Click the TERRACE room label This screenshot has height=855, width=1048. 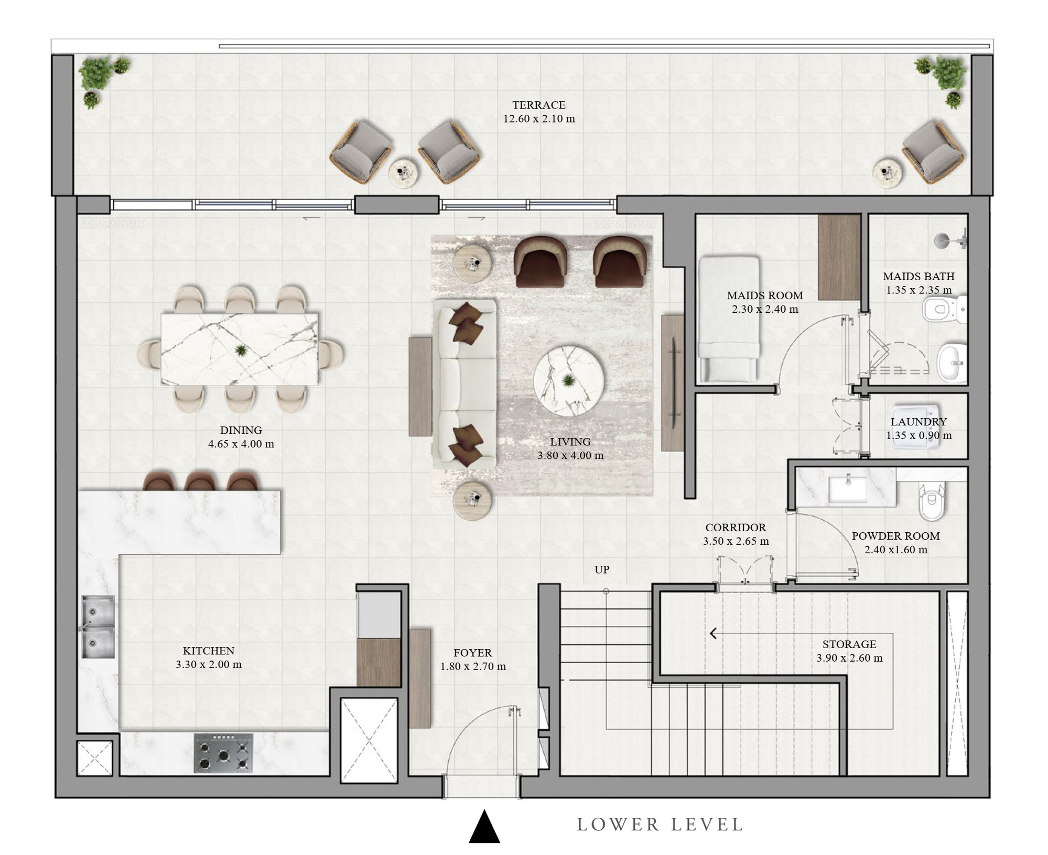coord(539,105)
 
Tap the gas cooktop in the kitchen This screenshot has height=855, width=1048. coord(223,753)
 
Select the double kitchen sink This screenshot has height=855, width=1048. coord(98,627)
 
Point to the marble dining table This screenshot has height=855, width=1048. coord(239,349)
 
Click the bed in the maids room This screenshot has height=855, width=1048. coord(729,319)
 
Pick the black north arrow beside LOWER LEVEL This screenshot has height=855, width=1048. coord(484,826)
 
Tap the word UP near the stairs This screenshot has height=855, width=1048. coord(602,569)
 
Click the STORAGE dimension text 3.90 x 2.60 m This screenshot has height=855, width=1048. coord(849,658)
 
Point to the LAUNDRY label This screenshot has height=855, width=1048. coord(919,421)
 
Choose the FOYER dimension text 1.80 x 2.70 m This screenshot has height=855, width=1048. coord(473,666)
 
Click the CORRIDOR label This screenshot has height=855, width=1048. coord(736,528)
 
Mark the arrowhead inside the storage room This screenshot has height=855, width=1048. coord(713,634)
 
